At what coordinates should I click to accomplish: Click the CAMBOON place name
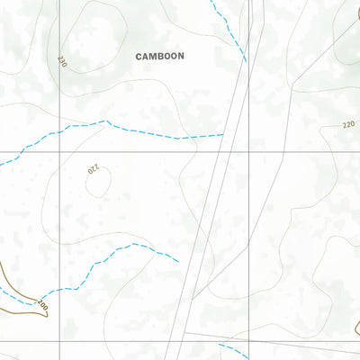159,56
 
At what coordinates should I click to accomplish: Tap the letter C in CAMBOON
139,56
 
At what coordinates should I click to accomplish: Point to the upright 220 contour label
349,126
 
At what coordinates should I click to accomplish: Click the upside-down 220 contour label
93,169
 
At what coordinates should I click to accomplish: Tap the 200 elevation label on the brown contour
41,306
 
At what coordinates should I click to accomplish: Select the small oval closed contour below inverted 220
99,184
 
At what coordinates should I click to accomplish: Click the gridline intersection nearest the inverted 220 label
60,151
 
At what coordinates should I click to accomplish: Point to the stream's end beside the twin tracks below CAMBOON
223,135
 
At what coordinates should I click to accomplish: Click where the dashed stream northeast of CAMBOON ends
246,61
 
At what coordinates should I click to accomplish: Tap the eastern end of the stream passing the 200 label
178,261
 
